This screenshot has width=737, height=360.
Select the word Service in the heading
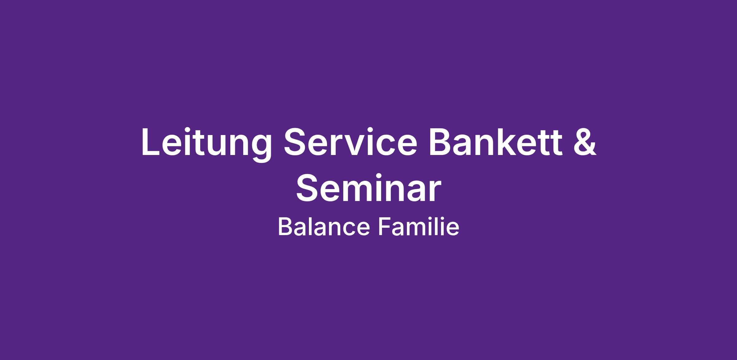point(350,141)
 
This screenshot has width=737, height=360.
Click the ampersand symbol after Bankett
point(585,141)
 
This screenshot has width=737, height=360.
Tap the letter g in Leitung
point(259,149)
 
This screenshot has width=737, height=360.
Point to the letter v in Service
point(358,145)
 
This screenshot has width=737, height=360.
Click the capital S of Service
point(296,141)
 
